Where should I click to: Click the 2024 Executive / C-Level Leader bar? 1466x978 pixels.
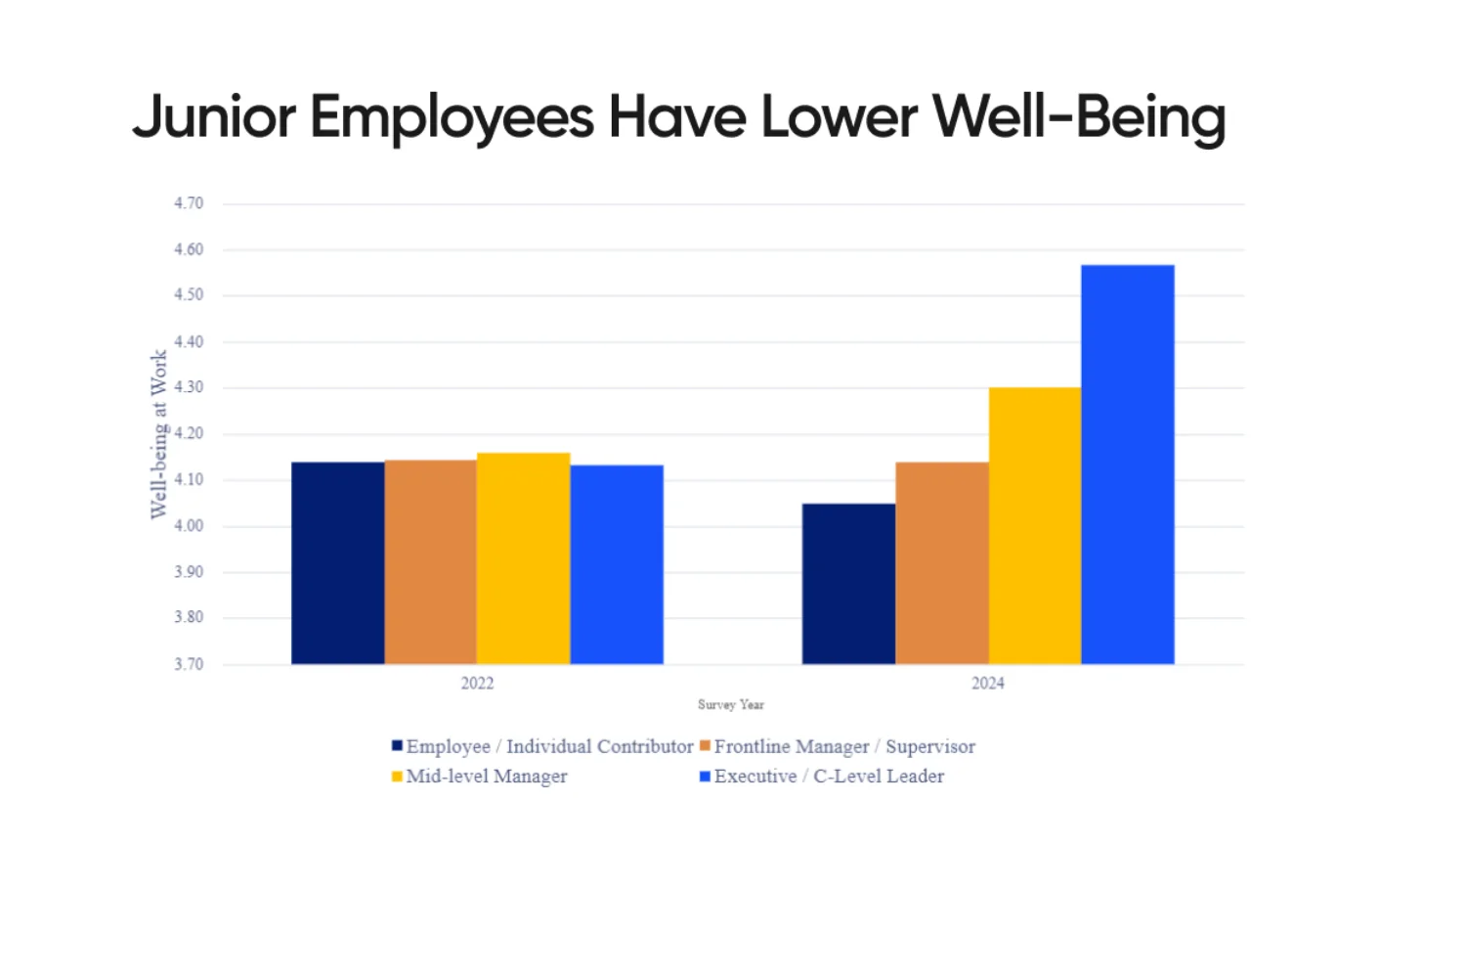click(x=1128, y=465)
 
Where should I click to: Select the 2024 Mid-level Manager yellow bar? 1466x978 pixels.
click(x=1035, y=526)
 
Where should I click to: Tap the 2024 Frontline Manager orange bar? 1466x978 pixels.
click(x=942, y=563)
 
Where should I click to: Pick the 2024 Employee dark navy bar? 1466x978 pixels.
click(x=848, y=584)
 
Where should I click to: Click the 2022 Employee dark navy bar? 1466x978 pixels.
click(x=337, y=563)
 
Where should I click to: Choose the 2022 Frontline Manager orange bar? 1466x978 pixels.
click(x=430, y=562)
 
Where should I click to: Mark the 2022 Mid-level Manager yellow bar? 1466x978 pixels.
click(x=524, y=558)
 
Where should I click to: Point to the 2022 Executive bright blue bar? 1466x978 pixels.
click(x=617, y=564)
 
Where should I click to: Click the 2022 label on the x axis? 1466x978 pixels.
click(x=477, y=684)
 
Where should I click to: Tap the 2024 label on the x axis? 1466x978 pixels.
click(x=987, y=684)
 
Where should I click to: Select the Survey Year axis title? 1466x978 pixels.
click(x=731, y=705)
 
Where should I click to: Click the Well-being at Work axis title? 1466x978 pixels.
click(x=158, y=434)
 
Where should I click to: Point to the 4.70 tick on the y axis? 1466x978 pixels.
click(x=189, y=203)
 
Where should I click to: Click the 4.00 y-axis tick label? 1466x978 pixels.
click(x=189, y=526)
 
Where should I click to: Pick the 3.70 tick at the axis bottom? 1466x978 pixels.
click(x=189, y=664)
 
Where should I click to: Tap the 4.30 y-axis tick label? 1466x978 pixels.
click(x=189, y=387)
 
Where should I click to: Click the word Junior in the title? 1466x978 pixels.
click(x=214, y=117)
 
